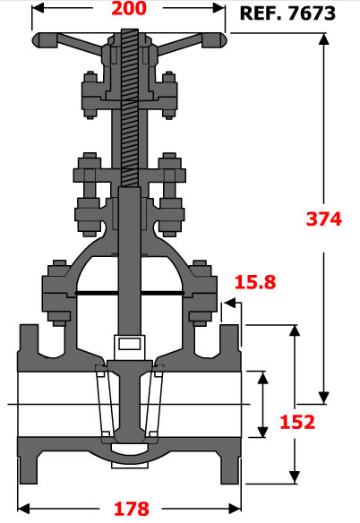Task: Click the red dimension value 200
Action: [129, 8]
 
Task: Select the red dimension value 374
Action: [324, 219]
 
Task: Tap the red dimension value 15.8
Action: [255, 282]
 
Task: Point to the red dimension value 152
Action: [297, 422]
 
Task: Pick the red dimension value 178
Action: [132, 509]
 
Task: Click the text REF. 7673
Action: [287, 13]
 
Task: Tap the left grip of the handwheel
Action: [45, 40]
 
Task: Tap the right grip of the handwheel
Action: [214, 40]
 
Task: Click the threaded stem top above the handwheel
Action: [130, 35]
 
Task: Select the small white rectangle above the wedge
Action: [130, 344]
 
